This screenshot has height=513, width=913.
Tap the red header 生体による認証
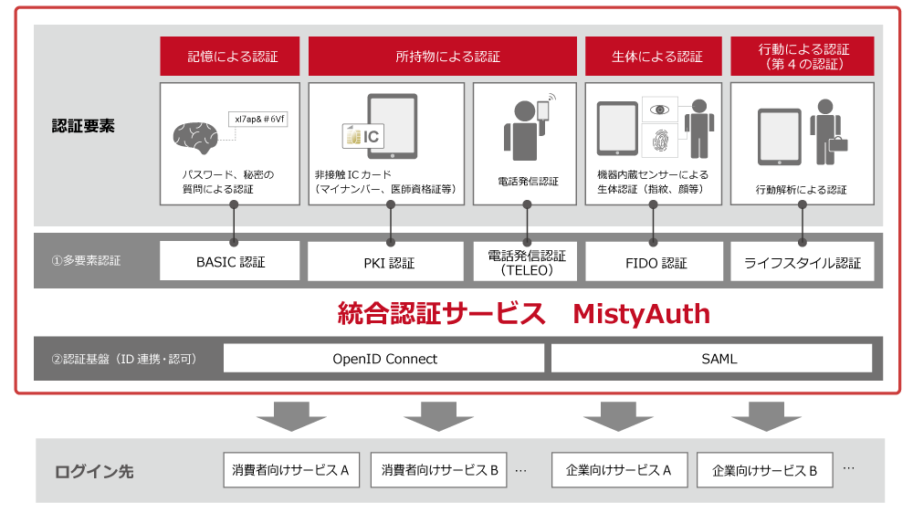[654, 57]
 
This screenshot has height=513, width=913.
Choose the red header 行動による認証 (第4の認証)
[803, 57]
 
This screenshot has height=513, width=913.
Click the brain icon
[195, 137]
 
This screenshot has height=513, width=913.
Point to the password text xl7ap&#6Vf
[258, 119]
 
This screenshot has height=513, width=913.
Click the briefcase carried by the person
[837, 142]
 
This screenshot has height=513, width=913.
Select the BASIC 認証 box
[230, 261]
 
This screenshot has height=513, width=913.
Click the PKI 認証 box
[390, 262]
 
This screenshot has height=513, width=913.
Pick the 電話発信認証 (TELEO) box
[526, 262]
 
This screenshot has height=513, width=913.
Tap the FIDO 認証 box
[654, 262]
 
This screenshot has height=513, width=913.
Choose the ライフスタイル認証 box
[803, 262]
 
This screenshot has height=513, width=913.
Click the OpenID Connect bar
[383, 359]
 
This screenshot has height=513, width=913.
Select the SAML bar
[712, 359]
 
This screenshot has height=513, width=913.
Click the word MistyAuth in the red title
[641, 314]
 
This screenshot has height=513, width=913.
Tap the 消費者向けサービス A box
[291, 470]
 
